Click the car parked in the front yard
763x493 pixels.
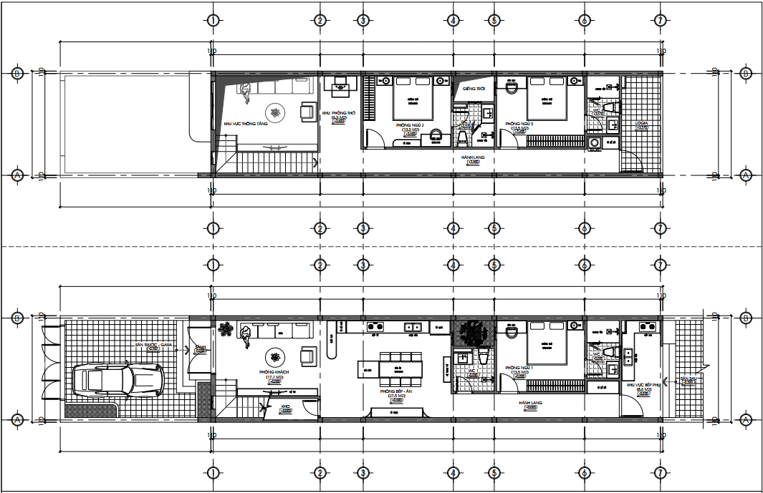point(119,379)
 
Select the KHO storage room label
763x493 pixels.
point(285,406)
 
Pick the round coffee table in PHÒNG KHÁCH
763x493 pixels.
point(275,356)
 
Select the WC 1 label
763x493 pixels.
point(474,371)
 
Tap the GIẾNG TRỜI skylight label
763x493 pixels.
point(474,89)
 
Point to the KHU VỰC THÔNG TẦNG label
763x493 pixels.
point(245,123)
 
